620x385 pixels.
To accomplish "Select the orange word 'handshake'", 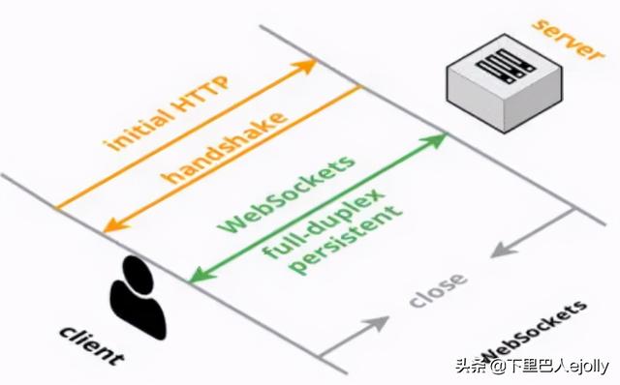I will tap(224, 147).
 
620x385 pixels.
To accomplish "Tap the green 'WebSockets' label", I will tap(287, 194).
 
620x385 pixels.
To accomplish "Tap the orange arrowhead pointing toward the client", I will tap(115, 224).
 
